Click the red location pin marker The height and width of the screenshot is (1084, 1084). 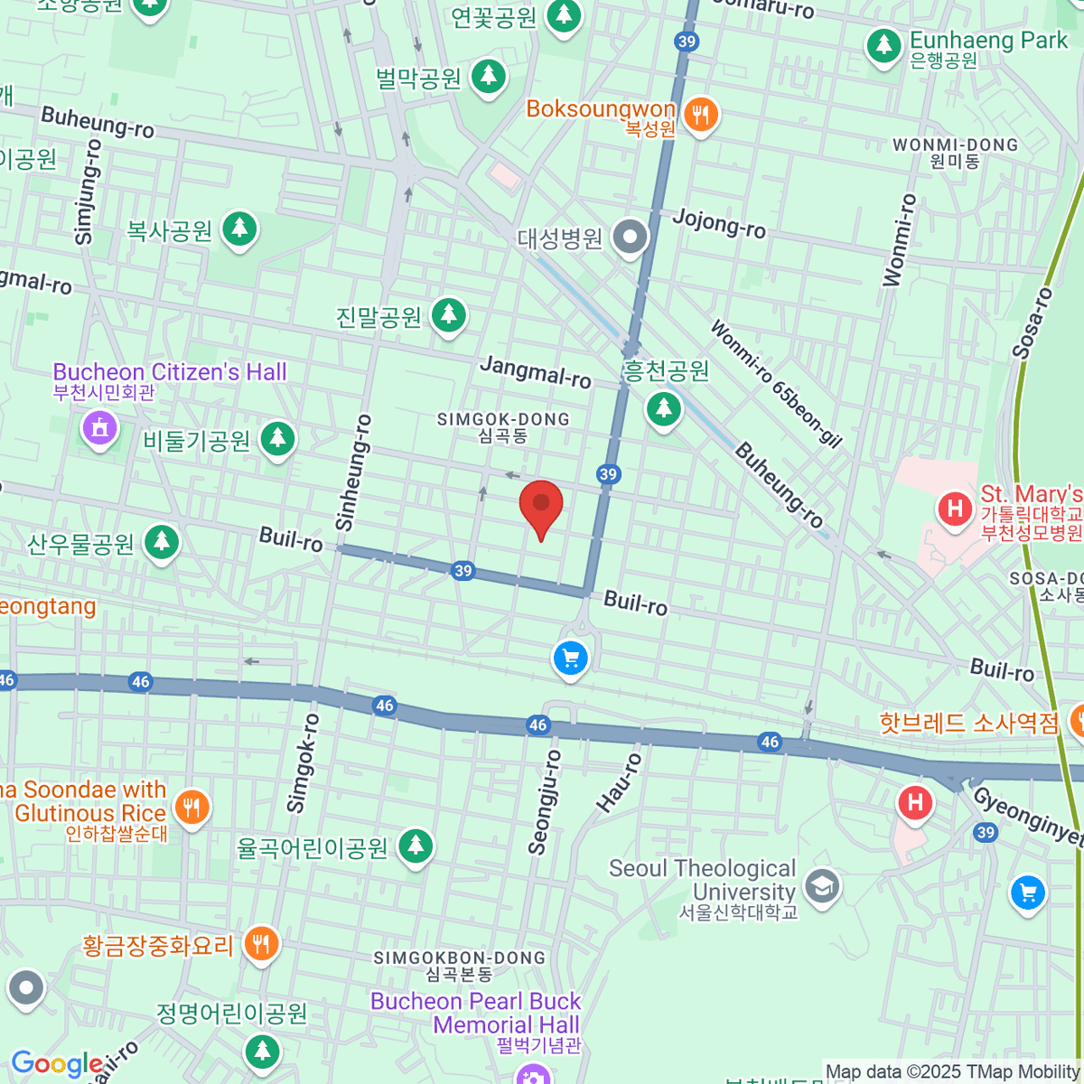(541, 507)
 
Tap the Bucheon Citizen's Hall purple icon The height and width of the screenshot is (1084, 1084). (100, 427)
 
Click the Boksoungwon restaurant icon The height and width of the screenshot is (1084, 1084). (700, 115)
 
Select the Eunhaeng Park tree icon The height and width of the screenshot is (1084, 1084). (883, 45)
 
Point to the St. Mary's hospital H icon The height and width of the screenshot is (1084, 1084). (955, 508)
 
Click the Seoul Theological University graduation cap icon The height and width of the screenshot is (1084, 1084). (822, 887)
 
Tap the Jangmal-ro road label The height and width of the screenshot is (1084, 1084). (536, 371)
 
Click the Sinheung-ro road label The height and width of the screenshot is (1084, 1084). (353, 472)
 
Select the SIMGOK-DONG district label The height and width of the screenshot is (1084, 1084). (503, 426)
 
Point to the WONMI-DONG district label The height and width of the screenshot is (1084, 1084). (955, 152)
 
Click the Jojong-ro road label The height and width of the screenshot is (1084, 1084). (719, 222)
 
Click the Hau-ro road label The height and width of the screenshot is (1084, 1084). (619, 782)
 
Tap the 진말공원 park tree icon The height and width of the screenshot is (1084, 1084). (448, 315)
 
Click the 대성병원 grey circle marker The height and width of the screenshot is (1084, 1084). (630, 238)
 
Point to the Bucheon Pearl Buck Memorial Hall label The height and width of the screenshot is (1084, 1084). (476, 1013)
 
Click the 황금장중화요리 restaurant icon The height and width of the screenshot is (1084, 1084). (261, 945)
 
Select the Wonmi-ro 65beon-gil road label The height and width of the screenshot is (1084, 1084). (776, 384)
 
